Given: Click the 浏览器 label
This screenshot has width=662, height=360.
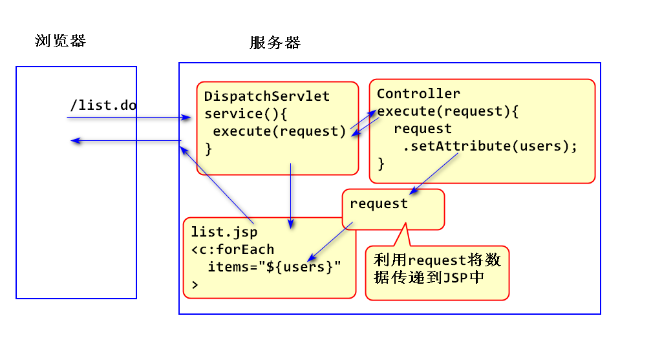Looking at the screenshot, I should point(60,41).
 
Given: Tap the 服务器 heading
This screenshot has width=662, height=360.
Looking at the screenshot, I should point(275,43).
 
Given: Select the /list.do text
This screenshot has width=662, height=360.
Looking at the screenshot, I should point(103,105).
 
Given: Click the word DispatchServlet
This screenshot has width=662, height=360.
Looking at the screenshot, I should point(267,97).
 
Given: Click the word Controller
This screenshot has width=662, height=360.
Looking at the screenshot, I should point(418,94).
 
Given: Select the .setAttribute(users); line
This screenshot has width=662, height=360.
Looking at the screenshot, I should point(489,146).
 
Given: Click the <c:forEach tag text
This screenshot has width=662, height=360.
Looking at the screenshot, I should point(233,249).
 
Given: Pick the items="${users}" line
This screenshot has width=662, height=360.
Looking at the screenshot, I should point(273,266).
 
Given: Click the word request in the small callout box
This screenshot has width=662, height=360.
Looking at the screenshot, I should point(379,204).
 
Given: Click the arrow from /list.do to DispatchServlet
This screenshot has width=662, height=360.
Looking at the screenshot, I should point(129,118).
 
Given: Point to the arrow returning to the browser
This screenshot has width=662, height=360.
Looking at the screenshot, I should point(126,140).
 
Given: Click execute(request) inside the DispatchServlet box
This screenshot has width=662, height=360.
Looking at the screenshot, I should point(279,132).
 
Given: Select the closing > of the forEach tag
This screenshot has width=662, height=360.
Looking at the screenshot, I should point(195,284).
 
